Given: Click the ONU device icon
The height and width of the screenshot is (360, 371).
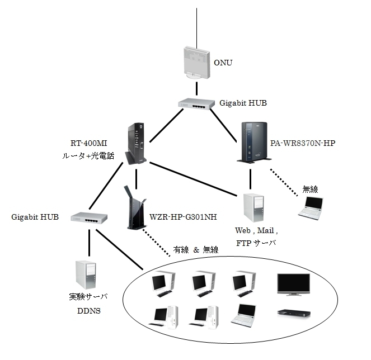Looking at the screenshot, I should tap(196, 63).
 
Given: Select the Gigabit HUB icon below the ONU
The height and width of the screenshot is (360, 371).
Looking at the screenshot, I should tap(196, 103).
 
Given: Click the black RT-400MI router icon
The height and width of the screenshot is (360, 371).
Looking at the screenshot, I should tap(137, 144).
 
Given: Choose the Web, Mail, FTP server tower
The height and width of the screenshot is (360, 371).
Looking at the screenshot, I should tap(252, 208).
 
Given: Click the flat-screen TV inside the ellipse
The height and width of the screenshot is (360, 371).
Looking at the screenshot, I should tap(293, 285).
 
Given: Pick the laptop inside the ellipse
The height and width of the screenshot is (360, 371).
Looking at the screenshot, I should tap(245, 314).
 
